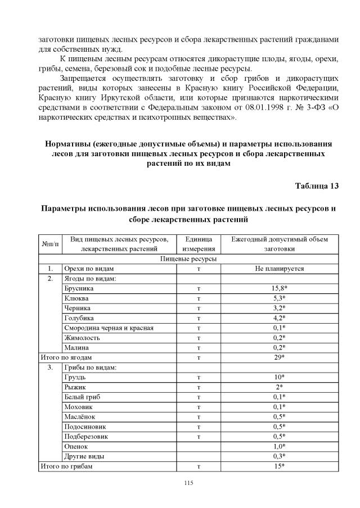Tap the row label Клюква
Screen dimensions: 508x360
pyautogui.click(x=76, y=298)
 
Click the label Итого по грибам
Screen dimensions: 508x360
pyautogui.click(x=65, y=466)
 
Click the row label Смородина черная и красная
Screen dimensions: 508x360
pyautogui.click(x=109, y=328)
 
